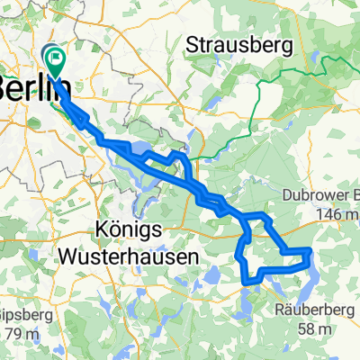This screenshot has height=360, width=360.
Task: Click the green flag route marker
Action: pos(56,62)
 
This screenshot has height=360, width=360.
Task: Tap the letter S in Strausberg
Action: pos(193,44)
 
